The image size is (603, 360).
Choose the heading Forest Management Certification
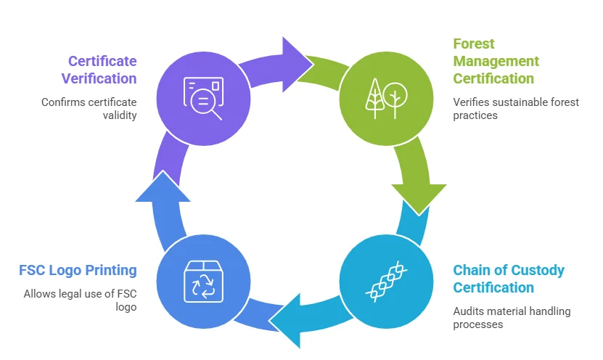pos(496,61)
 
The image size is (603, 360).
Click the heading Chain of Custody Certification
pos(509,279)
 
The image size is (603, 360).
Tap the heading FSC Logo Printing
pos(78,270)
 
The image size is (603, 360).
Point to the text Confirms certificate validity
pos(89,108)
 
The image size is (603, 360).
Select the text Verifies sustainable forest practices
pos(516,108)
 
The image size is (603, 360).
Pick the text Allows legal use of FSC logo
pos(80,300)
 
